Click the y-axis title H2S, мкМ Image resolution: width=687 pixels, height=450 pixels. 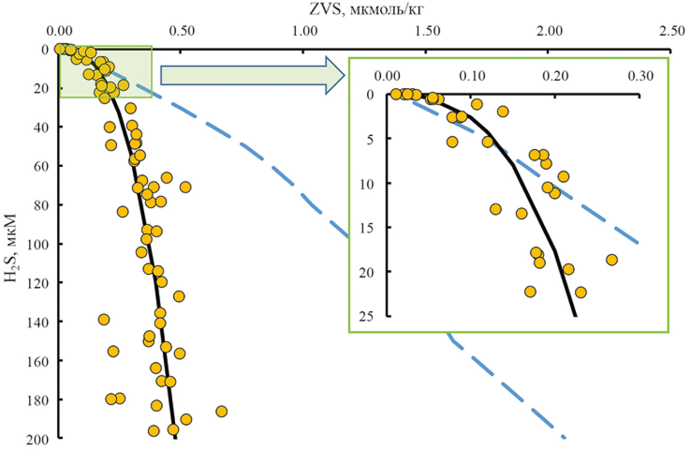[11, 247]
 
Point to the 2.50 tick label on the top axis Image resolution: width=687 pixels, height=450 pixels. [671, 31]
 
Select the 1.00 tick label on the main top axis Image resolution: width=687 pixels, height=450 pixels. [304, 31]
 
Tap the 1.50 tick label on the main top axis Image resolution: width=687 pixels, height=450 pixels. [427, 31]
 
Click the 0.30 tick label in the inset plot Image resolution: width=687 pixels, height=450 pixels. [641, 76]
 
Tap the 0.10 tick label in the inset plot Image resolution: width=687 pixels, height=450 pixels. [472, 76]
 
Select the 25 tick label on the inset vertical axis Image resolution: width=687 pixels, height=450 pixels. [366, 317]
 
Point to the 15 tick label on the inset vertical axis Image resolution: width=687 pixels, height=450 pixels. [366, 228]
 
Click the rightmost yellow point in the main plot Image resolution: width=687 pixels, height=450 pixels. [221, 411]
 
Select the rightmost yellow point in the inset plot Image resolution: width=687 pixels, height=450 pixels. [612, 259]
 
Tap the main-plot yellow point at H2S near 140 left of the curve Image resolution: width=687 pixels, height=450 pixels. [104, 320]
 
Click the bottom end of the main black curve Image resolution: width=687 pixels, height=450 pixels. [175, 438]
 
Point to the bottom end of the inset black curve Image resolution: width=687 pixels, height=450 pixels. [576, 316]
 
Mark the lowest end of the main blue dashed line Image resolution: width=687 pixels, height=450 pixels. [564, 437]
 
